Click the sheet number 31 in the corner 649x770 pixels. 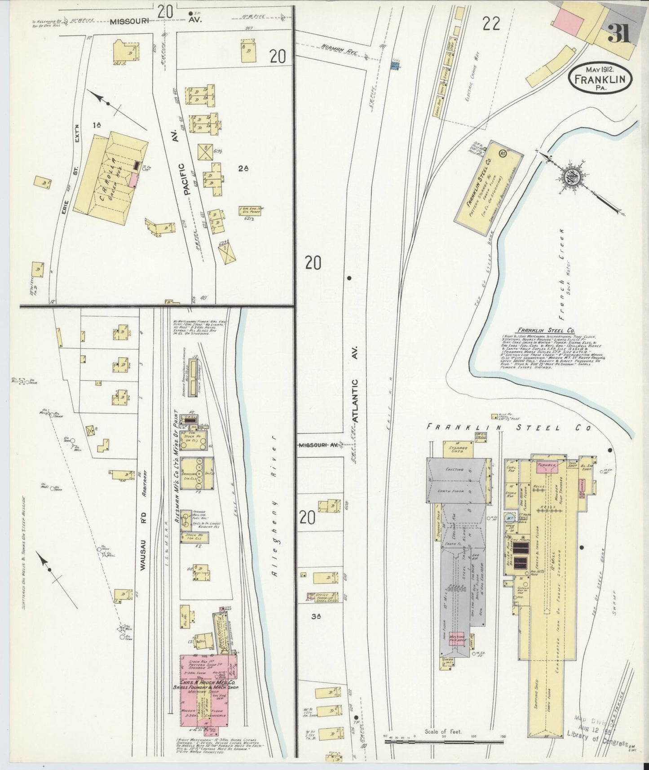[x=619, y=32]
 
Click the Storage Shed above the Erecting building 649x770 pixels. [x=458, y=450]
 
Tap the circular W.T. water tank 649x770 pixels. [x=511, y=517]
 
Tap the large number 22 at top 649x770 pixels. [x=491, y=24]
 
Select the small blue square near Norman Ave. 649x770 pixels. [x=395, y=66]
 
